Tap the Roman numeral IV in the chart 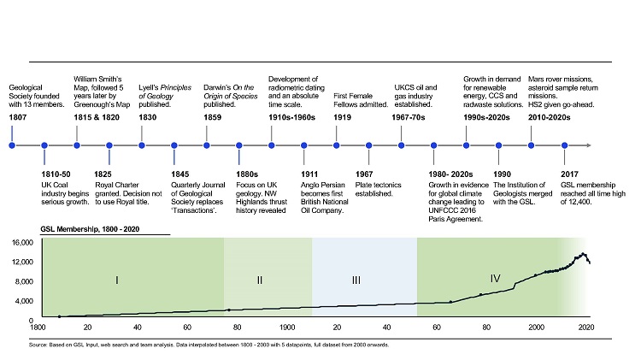[x=496, y=278]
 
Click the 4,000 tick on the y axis [x=23, y=300]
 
